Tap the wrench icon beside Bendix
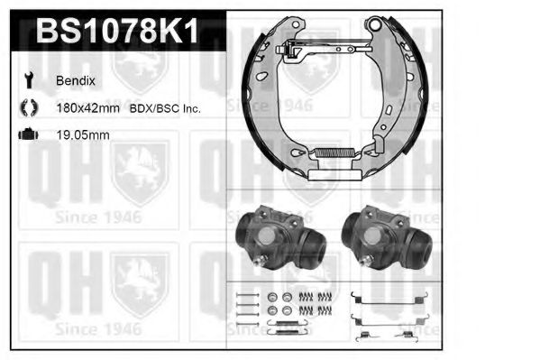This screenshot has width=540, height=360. coord(27,80)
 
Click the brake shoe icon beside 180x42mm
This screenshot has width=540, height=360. coord(27,108)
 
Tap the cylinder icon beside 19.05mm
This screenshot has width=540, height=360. coord(27,135)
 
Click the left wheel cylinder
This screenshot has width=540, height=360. coord(278,236)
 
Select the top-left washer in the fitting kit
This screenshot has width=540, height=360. coord(273,297)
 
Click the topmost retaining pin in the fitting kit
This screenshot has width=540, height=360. coord(243,297)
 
